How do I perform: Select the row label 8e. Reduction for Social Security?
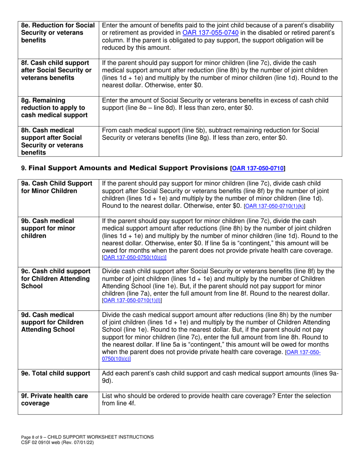(x=58, y=33)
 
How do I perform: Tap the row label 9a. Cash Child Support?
(x=57, y=187)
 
